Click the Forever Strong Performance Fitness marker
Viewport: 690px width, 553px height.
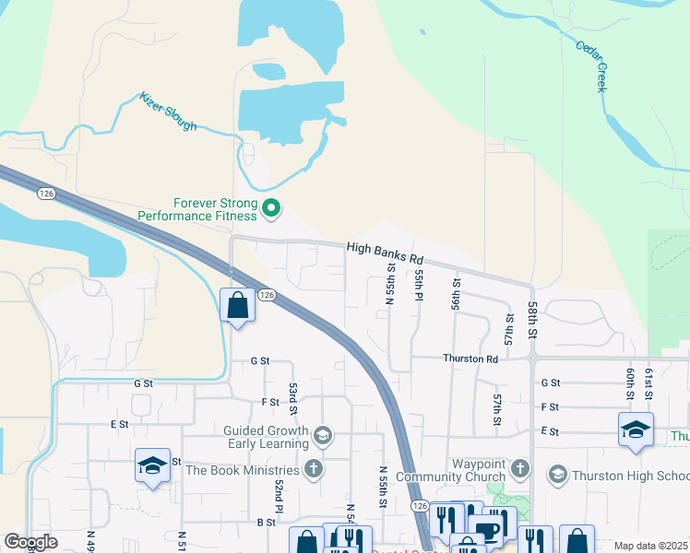click(271, 208)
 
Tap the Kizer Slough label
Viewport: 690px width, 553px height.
click(168, 111)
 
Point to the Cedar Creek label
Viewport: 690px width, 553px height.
click(591, 65)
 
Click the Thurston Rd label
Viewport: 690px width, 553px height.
click(470, 359)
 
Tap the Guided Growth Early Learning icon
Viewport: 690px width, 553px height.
click(322, 434)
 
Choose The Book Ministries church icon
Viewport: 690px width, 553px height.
click(314, 469)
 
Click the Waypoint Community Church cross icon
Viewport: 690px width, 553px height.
click(519, 469)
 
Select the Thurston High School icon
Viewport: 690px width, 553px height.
click(556, 475)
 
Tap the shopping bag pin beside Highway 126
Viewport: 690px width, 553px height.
click(238, 304)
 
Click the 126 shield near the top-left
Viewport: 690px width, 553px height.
click(47, 194)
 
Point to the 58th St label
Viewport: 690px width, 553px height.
click(533, 318)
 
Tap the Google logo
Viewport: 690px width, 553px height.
click(30, 543)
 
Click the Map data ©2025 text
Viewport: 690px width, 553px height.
click(649, 546)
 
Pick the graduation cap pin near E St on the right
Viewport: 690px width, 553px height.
click(636, 429)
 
